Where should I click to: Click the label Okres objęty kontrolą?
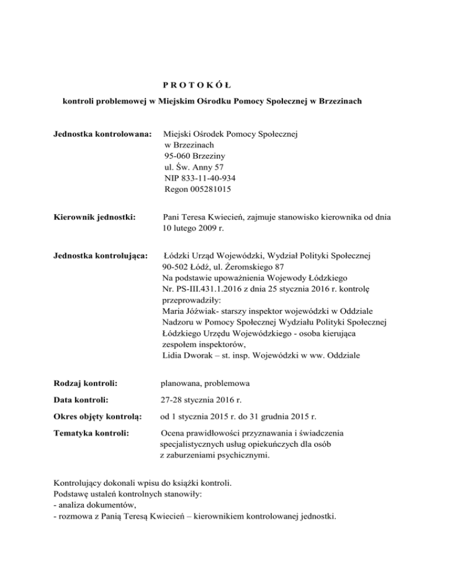pyautogui.click(x=97, y=416)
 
